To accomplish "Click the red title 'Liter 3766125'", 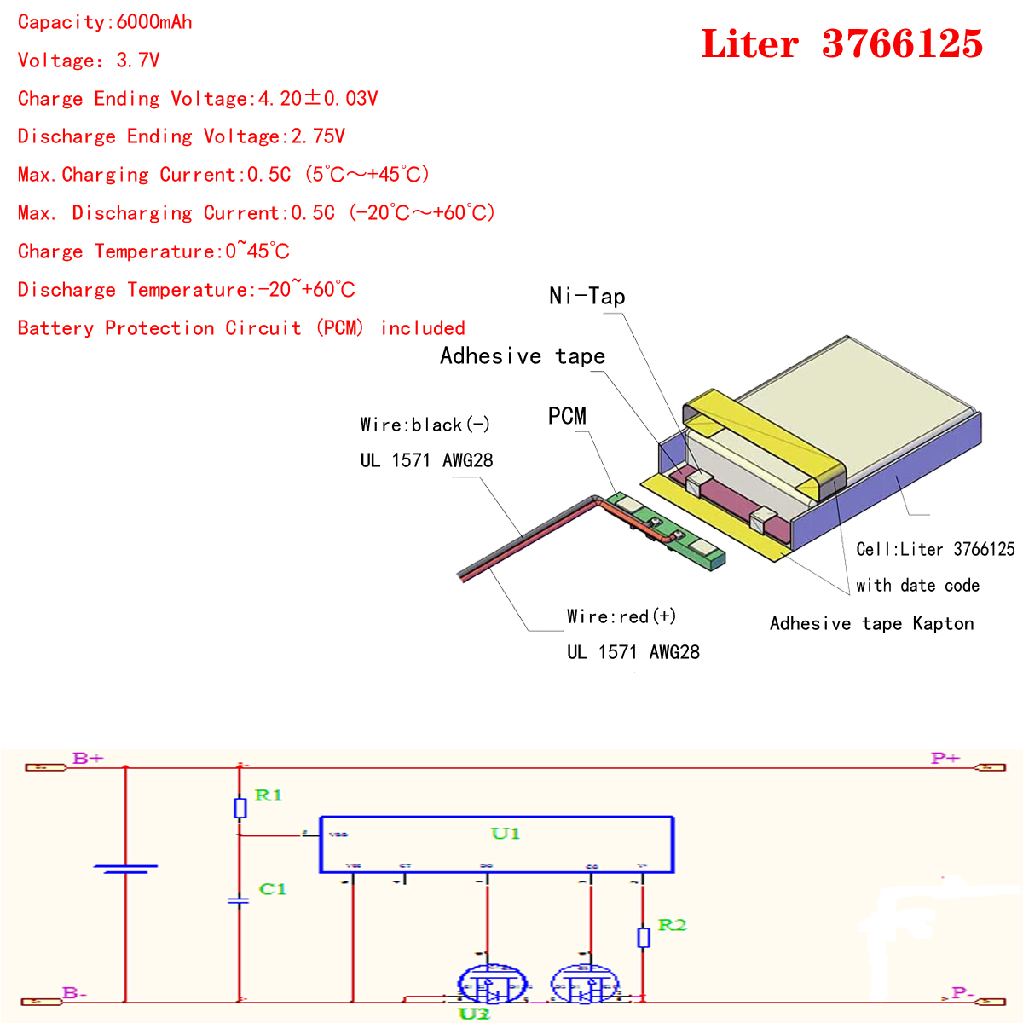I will pyautogui.click(x=841, y=44).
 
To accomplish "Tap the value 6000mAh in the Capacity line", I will pyautogui.click(x=154, y=22).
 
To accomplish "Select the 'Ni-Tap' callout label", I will pyautogui.click(x=587, y=297).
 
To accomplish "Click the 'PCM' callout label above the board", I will pyautogui.click(x=567, y=416).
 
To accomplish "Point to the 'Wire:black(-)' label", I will pyautogui.click(x=425, y=425).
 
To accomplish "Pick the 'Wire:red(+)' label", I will pyautogui.click(x=621, y=616).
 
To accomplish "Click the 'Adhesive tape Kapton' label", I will pyautogui.click(x=871, y=623).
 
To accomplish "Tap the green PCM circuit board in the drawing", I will pyautogui.click(x=669, y=530).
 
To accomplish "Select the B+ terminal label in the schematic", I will pyautogui.click(x=88, y=758).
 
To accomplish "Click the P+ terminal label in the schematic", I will pyautogui.click(x=945, y=758).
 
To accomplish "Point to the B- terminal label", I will pyautogui.click(x=75, y=993).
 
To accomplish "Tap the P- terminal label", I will pyautogui.click(x=962, y=993).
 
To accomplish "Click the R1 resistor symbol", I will pyautogui.click(x=240, y=807).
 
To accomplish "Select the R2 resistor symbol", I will pyautogui.click(x=644, y=938).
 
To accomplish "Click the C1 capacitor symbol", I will pyautogui.click(x=239, y=900).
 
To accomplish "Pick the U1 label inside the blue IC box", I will pyautogui.click(x=506, y=833).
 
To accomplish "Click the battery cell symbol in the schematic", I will pyautogui.click(x=125, y=869).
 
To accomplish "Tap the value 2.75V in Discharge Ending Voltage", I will pyautogui.click(x=318, y=136).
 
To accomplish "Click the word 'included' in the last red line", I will pyautogui.click(x=423, y=328).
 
